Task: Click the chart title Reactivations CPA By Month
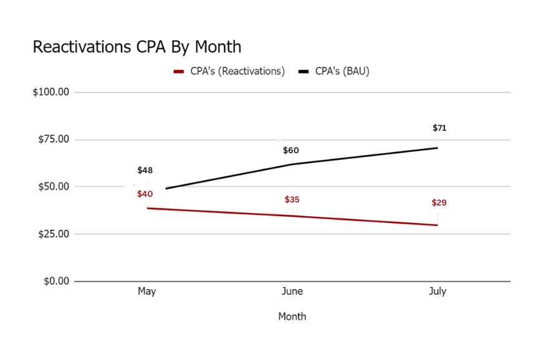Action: point(136,47)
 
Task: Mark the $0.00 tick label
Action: point(55,281)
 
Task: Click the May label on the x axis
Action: point(146,291)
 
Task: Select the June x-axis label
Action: point(292,291)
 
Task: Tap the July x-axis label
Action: point(438,291)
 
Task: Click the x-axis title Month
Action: point(292,316)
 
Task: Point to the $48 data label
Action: point(145,170)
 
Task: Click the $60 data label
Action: point(291,150)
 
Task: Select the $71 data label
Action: point(439,128)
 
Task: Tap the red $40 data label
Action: point(145,194)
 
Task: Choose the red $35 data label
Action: point(292,200)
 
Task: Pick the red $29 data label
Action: point(439,203)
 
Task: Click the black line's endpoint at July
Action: point(437,148)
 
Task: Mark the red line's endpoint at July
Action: point(437,225)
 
